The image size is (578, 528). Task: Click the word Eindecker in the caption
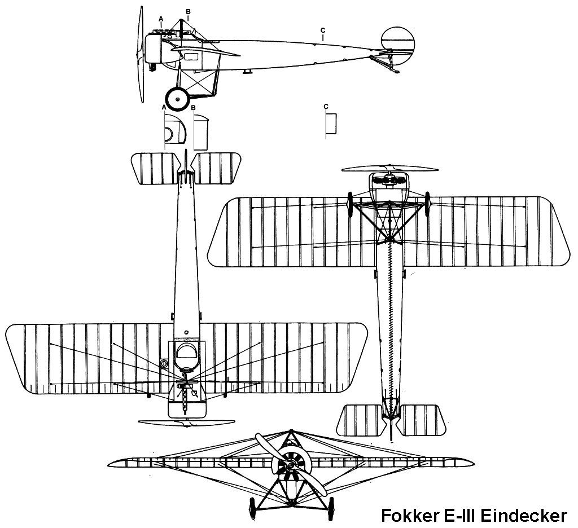524,516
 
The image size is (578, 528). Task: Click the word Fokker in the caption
410,516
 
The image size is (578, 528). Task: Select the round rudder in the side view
398,43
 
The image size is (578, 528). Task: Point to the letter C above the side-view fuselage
323,30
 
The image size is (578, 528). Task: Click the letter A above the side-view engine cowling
161,19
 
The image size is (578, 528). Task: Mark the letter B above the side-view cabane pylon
188,11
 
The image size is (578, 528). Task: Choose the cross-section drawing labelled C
331,123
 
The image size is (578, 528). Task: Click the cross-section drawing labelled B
201,132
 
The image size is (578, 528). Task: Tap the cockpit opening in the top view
187,351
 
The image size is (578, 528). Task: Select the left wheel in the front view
252,509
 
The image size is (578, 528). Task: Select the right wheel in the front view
331,509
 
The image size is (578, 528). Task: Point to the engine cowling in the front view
291,464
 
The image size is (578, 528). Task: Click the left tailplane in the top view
154,169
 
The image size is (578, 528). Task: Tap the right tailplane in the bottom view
421,420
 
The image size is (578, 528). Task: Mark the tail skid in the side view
385,63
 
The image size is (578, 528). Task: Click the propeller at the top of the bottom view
390,169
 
